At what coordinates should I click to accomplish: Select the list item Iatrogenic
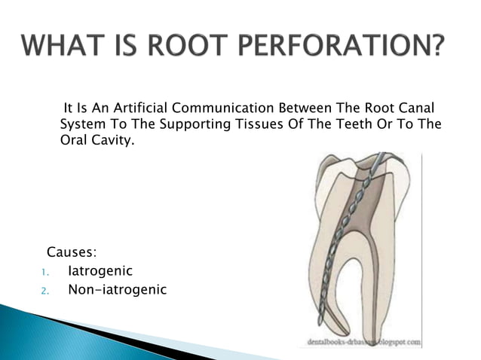[100, 270]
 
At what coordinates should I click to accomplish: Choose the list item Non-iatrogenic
[117, 289]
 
